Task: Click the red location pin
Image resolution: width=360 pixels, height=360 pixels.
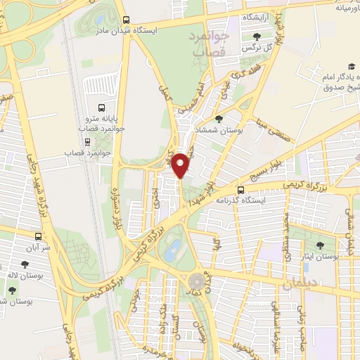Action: pos(182,165)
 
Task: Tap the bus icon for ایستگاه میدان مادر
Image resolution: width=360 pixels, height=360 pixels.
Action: pos(126,20)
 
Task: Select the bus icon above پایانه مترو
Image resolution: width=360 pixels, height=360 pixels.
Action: pos(103,109)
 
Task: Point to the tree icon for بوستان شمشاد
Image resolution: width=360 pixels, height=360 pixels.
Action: pos(219,120)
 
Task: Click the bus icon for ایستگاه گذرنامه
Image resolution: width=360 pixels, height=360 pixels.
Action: pos(240,190)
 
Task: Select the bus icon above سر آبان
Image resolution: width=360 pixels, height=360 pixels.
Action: pos(38,237)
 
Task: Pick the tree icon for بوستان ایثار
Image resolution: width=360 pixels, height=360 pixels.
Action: pos(320,246)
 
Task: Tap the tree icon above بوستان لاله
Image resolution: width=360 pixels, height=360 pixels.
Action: pos(25,264)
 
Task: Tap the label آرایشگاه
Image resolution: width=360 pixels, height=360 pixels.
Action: pos(259,16)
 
